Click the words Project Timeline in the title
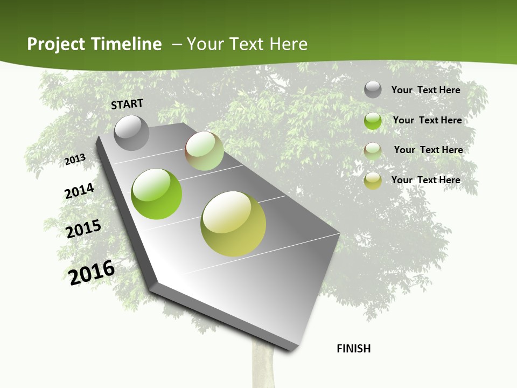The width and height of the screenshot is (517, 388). (94, 44)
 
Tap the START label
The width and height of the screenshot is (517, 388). (127, 104)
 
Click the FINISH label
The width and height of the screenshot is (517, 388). (354, 349)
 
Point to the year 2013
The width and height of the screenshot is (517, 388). (75, 160)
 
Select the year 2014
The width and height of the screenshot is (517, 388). (79, 191)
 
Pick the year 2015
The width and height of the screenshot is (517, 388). (83, 229)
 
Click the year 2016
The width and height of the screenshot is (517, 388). (92, 273)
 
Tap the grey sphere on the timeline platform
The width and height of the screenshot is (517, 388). (132, 133)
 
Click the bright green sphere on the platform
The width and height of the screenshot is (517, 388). (157, 194)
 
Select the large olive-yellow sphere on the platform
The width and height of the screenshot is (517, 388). (233, 224)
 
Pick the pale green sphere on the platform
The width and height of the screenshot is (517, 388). (204, 151)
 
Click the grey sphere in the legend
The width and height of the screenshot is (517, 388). (373, 90)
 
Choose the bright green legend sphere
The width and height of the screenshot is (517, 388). (373, 121)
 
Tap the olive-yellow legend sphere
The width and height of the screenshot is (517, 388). (373, 181)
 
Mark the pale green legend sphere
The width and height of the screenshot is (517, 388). (373, 150)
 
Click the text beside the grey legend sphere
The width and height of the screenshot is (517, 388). (425, 90)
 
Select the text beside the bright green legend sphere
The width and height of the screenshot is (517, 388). (427, 120)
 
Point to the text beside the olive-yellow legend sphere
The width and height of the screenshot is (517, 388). (425, 180)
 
